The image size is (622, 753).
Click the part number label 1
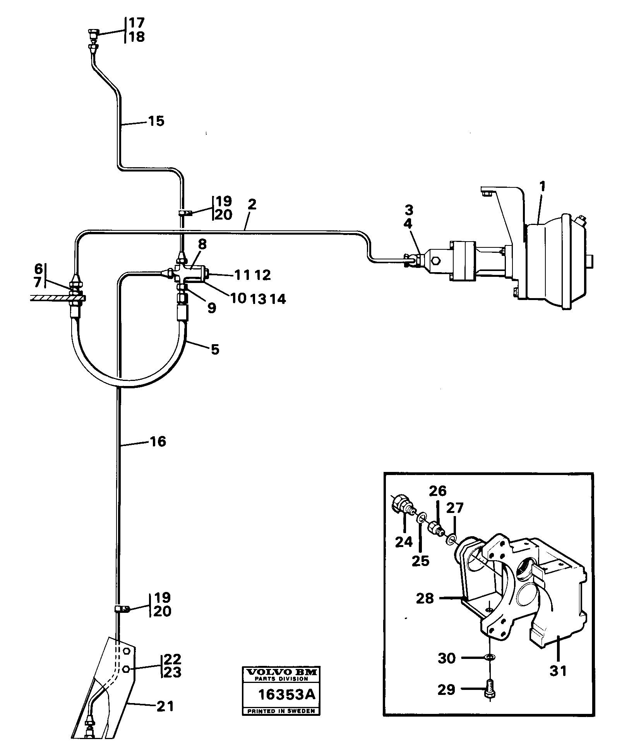click(x=543, y=187)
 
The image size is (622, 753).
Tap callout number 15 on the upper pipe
click(x=156, y=121)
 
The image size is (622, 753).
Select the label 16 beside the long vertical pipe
click(x=158, y=441)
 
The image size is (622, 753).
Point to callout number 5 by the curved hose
click(x=215, y=350)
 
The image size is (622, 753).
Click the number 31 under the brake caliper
click(x=558, y=670)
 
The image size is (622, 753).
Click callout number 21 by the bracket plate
click(x=165, y=707)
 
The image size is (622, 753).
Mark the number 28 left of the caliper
click(x=425, y=599)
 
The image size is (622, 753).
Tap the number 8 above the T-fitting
click(x=202, y=245)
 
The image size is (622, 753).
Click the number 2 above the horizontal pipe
click(x=252, y=204)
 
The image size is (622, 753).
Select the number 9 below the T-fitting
click(x=211, y=308)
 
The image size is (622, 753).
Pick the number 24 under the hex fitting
click(x=404, y=542)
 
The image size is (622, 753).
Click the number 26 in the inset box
click(x=437, y=491)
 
